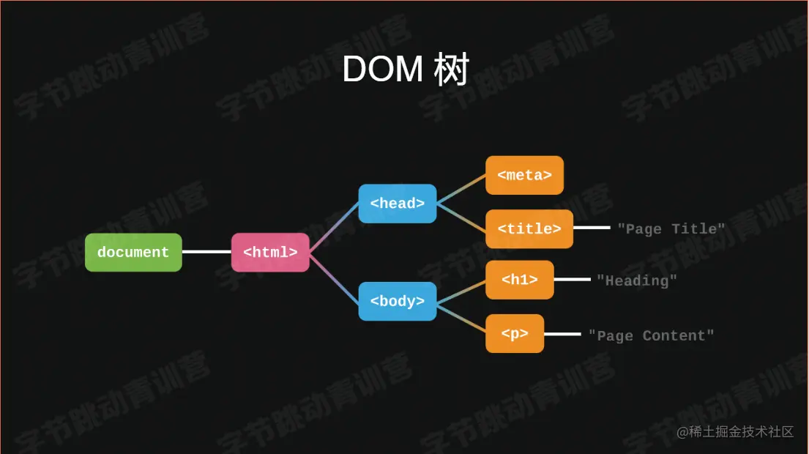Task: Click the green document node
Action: pyautogui.click(x=133, y=253)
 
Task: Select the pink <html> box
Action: pyautogui.click(x=270, y=253)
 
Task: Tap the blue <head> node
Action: pyautogui.click(x=397, y=204)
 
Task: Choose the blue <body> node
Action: pyautogui.click(x=397, y=301)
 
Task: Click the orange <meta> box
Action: pyautogui.click(x=524, y=176)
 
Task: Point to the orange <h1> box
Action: pyautogui.click(x=519, y=280)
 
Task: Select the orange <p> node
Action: pyautogui.click(x=515, y=334)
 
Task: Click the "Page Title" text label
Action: pyautogui.click(x=671, y=229)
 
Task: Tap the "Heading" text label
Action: pyautogui.click(x=637, y=280)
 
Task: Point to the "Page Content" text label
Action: pyautogui.click(x=651, y=336)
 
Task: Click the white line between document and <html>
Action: pyautogui.click(x=206, y=252)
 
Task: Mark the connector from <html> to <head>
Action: pyautogui.click(x=334, y=228)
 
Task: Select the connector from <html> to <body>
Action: pyautogui.click(x=334, y=277)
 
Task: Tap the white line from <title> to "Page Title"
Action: pyautogui.click(x=592, y=228)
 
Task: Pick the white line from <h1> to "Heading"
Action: pyautogui.click(x=572, y=279)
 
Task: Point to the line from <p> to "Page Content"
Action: pyautogui.click(x=562, y=334)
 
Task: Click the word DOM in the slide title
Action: pyautogui.click(x=382, y=70)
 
